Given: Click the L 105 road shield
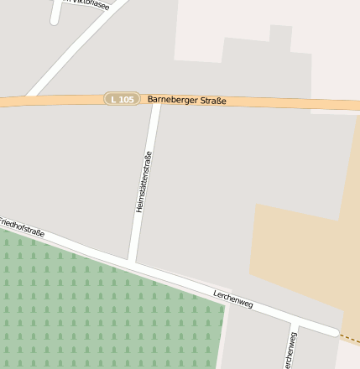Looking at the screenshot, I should pyautogui.click(x=122, y=100).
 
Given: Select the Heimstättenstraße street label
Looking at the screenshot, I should pyautogui.click(x=143, y=181).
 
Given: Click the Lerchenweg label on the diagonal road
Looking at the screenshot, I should pyautogui.click(x=233, y=299).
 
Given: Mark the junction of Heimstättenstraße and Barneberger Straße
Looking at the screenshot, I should pyautogui.click(x=155, y=101).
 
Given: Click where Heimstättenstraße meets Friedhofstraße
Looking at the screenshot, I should pyautogui.click(x=133, y=264).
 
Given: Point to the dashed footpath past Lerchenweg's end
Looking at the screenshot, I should pyautogui.click(x=351, y=340).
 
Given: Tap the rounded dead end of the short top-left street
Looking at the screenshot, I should pyautogui.click(x=55, y=19).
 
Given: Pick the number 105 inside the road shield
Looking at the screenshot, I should pyautogui.click(x=126, y=100).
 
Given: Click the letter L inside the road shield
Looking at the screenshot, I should pyautogui.click(x=113, y=100).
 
